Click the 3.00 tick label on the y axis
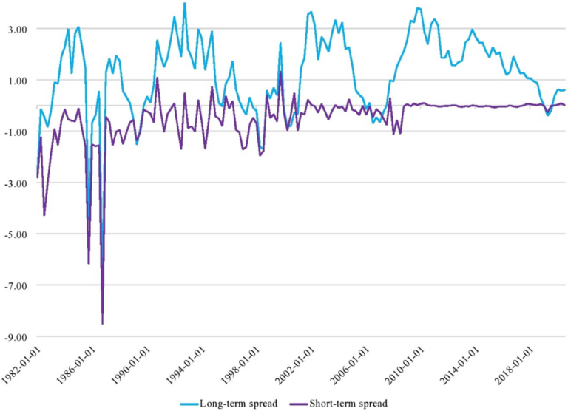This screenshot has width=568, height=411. point(16,29)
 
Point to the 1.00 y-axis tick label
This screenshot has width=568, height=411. point(16,80)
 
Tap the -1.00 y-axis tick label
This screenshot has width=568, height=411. point(14,132)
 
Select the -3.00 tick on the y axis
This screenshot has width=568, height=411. point(14,183)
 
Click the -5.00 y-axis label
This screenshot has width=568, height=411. point(14,234)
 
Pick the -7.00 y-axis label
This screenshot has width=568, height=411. point(14,285)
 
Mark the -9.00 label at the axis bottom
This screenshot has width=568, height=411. point(14,336)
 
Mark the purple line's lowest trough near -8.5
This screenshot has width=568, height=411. point(102,323)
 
